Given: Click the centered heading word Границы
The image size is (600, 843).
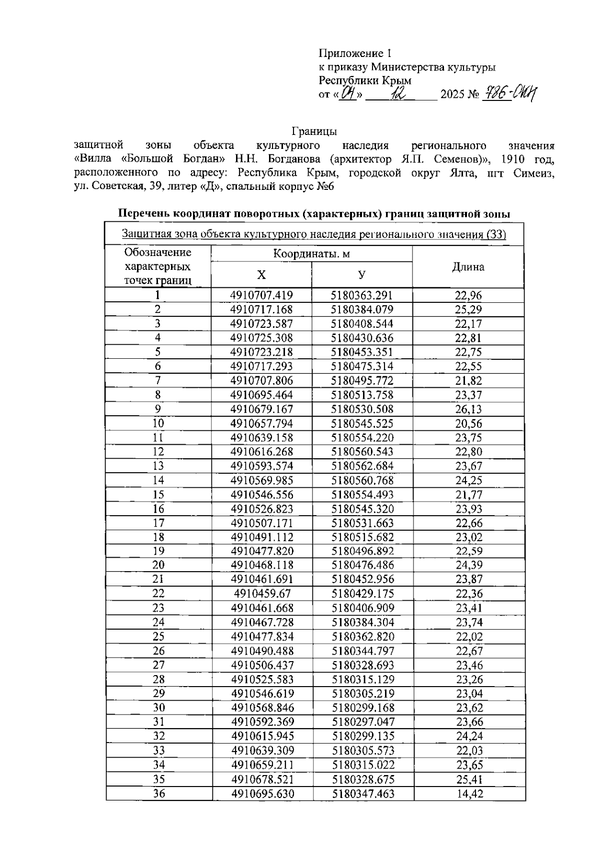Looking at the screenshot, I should (314, 131).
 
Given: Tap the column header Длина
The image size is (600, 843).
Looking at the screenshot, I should (468, 267).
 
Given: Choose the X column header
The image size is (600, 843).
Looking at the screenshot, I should (261, 275).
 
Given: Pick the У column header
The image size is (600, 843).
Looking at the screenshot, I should (361, 275).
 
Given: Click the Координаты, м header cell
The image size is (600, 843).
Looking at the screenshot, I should (311, 254).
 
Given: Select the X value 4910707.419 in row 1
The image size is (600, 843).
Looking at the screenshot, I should (261, 295).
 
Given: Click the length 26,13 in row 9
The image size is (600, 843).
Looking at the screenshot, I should (468, 409).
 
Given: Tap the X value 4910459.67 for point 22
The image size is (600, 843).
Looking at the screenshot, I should (262, 594).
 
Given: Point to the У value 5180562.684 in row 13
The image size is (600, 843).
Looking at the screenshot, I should (362, 466).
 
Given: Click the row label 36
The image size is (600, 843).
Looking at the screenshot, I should (158, 793).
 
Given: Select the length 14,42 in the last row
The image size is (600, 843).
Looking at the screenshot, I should (469, 794).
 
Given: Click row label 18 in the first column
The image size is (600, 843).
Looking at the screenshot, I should (158, 537).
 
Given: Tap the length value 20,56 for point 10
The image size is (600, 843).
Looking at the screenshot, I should (468, 423).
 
